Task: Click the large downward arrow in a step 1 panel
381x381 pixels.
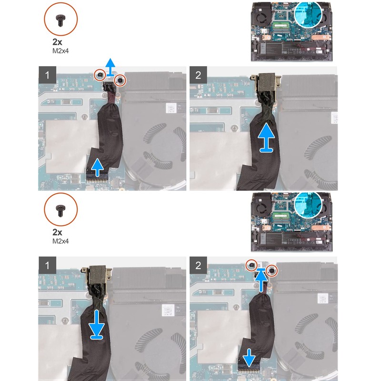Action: pos(97,324)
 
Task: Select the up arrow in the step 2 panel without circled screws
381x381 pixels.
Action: pos(267,138)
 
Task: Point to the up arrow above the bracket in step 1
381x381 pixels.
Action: pos(110,67)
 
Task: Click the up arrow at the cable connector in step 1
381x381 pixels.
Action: pos(97,167)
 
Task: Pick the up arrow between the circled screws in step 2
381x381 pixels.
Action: pos(261,280)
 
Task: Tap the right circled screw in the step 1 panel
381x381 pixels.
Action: pos(120,80)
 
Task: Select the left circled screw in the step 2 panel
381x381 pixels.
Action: pos(252,265)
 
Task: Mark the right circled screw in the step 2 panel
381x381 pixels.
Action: pos(272,270)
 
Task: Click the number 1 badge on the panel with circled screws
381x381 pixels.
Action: pos(47,75)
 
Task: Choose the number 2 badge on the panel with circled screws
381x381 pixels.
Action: pos(198,265)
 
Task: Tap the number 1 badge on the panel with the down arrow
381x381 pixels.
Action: pos(47,265)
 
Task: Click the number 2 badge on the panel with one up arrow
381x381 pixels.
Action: pos(198,75)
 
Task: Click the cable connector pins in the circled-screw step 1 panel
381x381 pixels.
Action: pos(98,180)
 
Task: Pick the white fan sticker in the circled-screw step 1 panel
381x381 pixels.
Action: pos(171,108)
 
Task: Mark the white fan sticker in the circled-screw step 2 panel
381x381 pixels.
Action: pos(323,299)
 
